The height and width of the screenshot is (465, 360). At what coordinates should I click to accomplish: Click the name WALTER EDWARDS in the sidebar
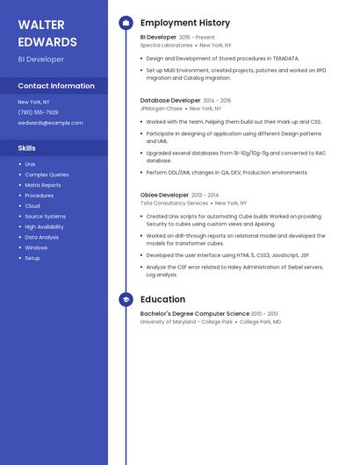click(47, 33)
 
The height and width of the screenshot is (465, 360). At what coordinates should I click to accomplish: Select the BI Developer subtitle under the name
click(40, 60)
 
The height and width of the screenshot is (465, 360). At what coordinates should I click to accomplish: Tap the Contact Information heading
click(56, 86)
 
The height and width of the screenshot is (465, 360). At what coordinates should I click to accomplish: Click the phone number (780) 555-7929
click(38, 112)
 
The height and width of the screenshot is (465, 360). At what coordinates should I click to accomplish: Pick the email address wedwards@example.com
click(50, 123)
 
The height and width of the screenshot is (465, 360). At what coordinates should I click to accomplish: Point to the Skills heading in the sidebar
click(26, 148)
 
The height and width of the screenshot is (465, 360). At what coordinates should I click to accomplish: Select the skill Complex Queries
click(47, 175)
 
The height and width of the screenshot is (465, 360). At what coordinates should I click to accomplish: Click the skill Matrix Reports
click(43, 185)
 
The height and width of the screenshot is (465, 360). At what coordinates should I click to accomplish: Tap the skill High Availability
click(44, 227)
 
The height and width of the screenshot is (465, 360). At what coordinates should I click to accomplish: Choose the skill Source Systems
click(45, 217)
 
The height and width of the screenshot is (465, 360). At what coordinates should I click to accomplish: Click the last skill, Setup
click(32, 258)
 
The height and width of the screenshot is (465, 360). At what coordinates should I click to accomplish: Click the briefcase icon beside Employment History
click(126, 23)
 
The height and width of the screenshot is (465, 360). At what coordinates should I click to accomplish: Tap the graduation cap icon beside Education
click(126, 299)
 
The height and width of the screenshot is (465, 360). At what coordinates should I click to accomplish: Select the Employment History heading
click(185, 23)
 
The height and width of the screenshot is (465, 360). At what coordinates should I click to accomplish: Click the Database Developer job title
click(170, 101)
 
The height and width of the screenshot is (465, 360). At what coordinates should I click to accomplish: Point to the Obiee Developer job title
click(164, 195)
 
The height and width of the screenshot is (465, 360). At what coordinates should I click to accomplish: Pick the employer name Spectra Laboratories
click(166, 45)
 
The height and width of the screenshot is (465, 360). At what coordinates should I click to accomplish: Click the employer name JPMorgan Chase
click(162, 109)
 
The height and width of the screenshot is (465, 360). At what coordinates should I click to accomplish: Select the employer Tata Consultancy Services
click(174, 203)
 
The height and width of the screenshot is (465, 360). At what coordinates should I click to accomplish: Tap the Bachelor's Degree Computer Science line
click(195, 313)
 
